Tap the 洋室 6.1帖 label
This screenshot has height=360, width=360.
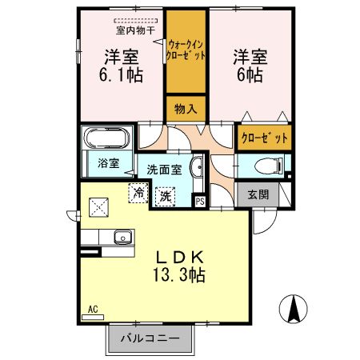pyautogui.click(x=122, y=66)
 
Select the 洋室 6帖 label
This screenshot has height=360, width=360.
pyautogui.click(x=250, y=66)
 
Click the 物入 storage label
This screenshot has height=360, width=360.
pyautogui.click(x=186, y=107)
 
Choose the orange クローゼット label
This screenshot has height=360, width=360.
pyautogui.click(x=264, y=138)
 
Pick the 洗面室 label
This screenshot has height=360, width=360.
pyautogui.click(x=163, y=170)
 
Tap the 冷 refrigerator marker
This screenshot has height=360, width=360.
pyautogui.click(x=139, y=193)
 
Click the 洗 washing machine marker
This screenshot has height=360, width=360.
pyautogui.click(x=166, y=195)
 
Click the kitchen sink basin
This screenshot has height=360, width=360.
pyautogui.click(x=122, y=236)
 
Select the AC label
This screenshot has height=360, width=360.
pyautogui.click(x=93, y=309)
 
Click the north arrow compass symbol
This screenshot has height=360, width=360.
pyautogui.click(x=294, y=309)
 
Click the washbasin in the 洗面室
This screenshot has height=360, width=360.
pyautogui.click(x=199, y=169)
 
